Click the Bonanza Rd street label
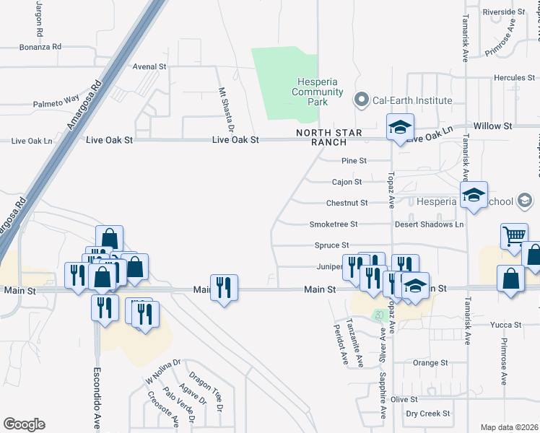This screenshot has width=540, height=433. [41, 46]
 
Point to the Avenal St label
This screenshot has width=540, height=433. [150, 66]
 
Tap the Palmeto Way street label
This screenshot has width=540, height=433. [56, 102]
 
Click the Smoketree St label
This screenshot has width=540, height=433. [334, 224]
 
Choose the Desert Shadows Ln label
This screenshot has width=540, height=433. [429, 224]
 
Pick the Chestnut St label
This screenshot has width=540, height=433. [347, 203]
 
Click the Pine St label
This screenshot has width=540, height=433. [354, 160]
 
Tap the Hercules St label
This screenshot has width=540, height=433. [514, 77]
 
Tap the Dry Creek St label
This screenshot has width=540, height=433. [428, 414]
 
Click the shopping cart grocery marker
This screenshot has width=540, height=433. [514, 236]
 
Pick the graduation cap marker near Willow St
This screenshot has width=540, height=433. [399, 128]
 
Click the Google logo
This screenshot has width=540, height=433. [24, 424]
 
